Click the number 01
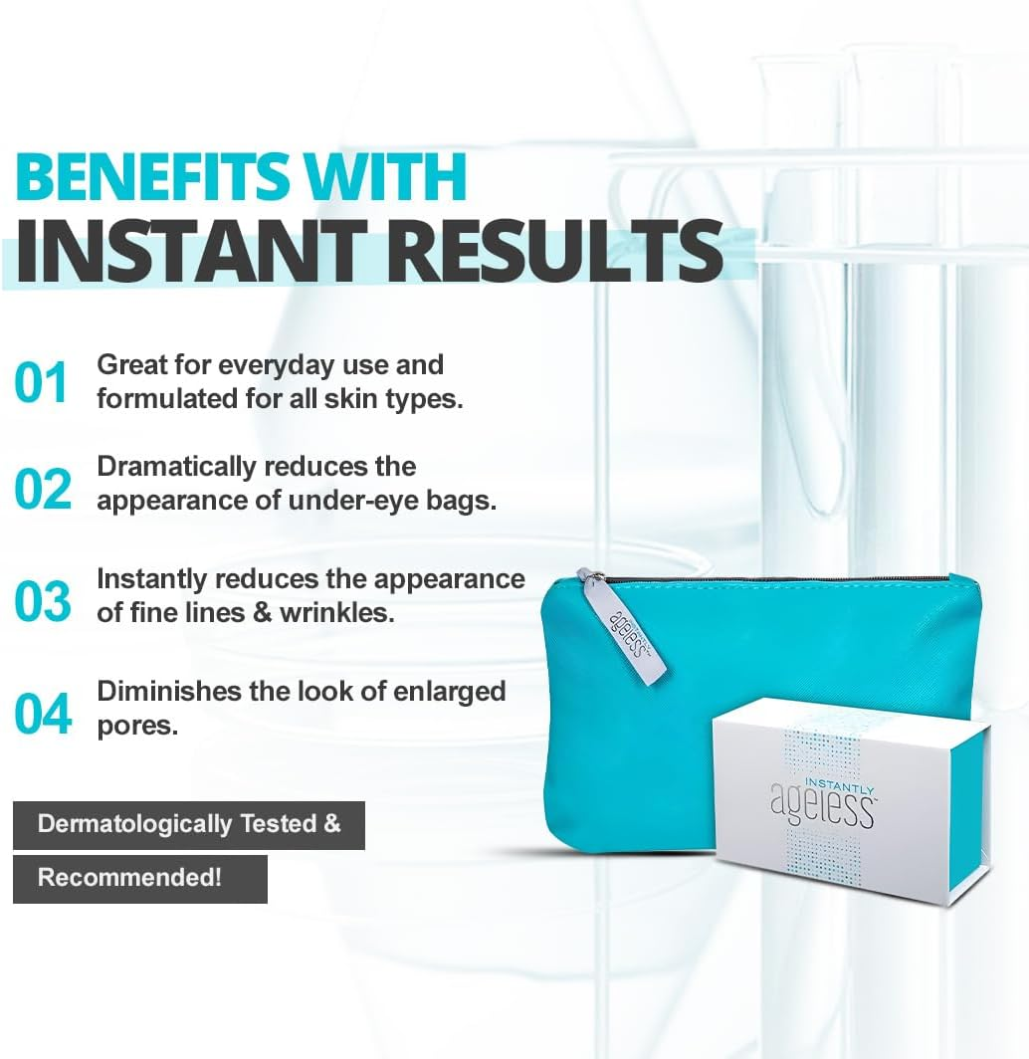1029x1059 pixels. pyautogui.click(x=42, y=383)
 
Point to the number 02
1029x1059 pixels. pyautogui.click(x=44, y=489)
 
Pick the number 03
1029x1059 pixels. pyautogui.click(x=44, y=601)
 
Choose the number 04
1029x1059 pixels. pyautogui.click(x=44, y=714)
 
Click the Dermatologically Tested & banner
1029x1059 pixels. pyautogui.click(x=189, y=825)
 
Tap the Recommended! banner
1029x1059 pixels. pyautogui.click(x=129, y=878)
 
